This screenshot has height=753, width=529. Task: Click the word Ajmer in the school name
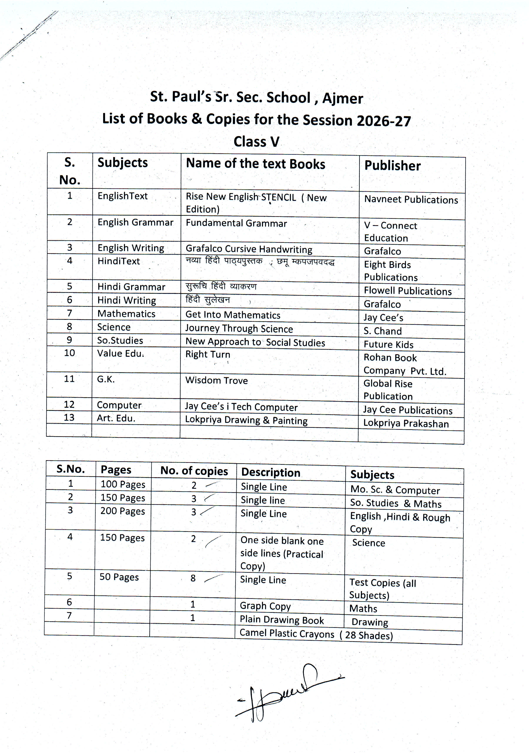343,98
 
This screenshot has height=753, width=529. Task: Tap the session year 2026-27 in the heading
383,121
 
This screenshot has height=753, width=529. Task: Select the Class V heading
256,142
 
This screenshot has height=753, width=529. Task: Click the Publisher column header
392,166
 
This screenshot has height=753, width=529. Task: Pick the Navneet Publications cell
411,200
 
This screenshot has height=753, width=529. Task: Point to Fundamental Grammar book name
236,223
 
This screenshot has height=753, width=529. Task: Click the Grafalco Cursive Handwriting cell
249,249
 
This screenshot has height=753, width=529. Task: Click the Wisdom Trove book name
216,381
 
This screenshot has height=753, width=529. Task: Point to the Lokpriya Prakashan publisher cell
406,423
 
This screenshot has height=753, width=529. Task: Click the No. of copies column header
194,471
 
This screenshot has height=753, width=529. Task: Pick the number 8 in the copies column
193,578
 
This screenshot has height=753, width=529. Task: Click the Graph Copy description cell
265,606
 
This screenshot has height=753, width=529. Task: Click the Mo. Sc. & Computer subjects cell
395,490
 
